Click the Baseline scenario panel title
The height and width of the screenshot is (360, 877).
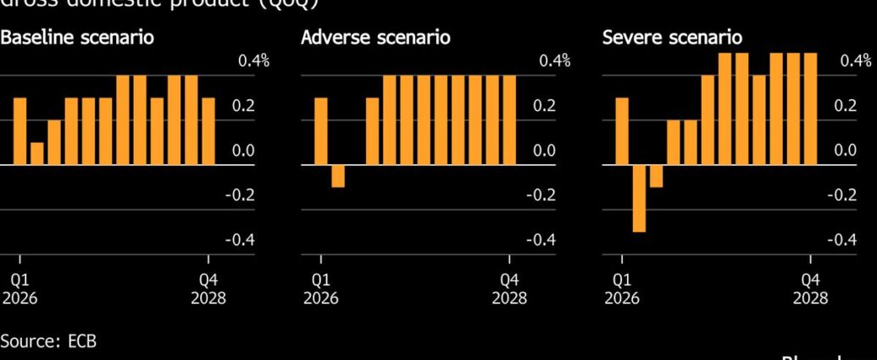pyautogui.click(x=77, y=38)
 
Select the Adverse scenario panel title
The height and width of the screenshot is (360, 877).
pyautogui.click(x=375, y=38)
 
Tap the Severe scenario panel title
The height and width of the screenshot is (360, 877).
pyautogui.click(x=672, y=38)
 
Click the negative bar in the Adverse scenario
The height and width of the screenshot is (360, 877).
pyautogui.click(x=338, y=175)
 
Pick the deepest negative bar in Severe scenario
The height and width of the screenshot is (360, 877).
pyautogui.click(x=639, y=197)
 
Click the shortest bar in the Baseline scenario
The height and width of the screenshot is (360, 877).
pyautogui.click(x=36, y=153)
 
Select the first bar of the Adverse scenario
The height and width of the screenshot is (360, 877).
pyautogui.click(x=321, y=131)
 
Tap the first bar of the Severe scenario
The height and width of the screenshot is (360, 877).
pyautogui.click(x=622, y=131)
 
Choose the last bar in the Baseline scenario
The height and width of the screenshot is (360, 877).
pyautogui.click(x=208, y=131)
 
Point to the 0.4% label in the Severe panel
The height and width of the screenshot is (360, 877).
pyautogui.click(x=855, y=61)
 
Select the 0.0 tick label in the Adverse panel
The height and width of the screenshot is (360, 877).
pyautogui.click(x=545, y=151)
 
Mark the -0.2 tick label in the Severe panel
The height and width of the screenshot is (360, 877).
pyautogui.click(x=842, y=195)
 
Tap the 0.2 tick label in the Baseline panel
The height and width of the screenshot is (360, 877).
pyautogui.click(x=243, y=106)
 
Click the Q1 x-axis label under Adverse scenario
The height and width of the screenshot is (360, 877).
pyautogui.click(x=321, y=280)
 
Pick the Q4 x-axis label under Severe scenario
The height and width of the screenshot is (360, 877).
pyautogui.click(x=811, y=280)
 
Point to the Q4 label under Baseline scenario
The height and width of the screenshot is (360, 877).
pyautogui.click(x=208, y=280)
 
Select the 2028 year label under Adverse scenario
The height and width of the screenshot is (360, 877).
pyautogui.click(x=509, y=298)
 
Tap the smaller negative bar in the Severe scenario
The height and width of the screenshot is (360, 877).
pyautogui.click(x=656, y=175)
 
